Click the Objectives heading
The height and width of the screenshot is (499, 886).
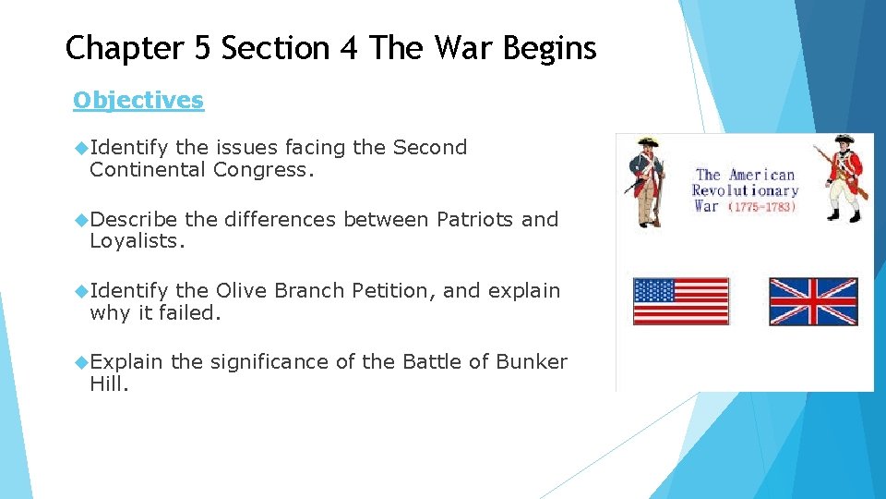tap(138, 100)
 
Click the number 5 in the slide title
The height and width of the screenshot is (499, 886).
tap(200, 47)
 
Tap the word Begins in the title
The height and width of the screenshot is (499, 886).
tap(550, 48)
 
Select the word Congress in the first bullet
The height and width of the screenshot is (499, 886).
tap(263, 169)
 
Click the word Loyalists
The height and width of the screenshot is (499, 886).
tap(137, 241)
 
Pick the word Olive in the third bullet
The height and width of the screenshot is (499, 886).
tap(240, 290)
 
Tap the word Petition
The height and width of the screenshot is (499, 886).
tap(392, 290)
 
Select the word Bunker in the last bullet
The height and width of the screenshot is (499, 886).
tap(532, 361)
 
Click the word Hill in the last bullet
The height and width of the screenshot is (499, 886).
tap(108, 383)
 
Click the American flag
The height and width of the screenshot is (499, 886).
tap(680, 301)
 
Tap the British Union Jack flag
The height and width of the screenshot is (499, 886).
tap(813, 301)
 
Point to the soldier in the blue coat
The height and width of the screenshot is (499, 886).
tap(648, 180)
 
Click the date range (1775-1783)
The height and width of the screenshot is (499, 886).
tap(761, 207)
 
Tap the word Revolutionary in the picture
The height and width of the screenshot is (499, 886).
tap(745, 190)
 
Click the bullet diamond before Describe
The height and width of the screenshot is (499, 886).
tap(81, 220)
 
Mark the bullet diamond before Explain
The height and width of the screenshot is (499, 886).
tap(81, 362)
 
